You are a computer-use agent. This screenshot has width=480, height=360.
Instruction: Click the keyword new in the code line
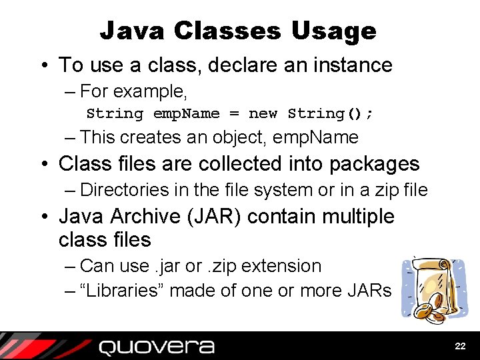[x=263, y=113]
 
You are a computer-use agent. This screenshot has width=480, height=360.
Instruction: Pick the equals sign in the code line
[x=234, y=113]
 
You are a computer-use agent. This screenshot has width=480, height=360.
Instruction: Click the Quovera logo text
[x=157, y=347]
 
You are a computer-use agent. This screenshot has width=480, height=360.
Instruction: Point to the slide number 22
[x=460, y=347]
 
